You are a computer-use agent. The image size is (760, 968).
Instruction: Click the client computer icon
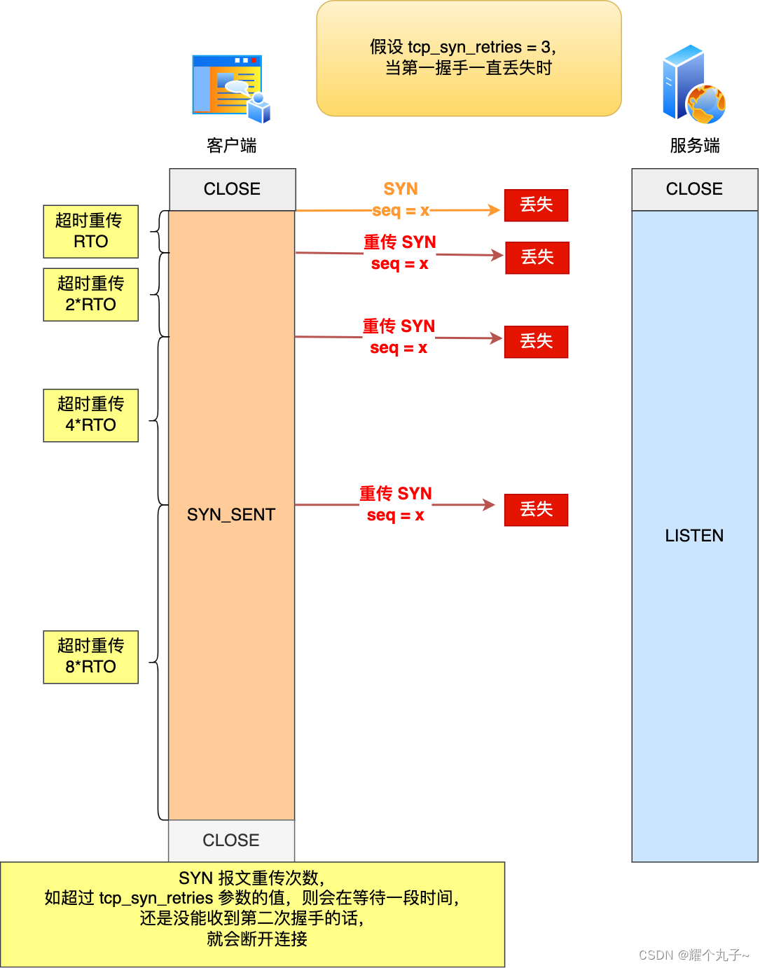pyautogui.click(x=230, y=88)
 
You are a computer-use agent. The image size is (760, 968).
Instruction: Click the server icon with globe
pyautogui.click(x=693, y=85)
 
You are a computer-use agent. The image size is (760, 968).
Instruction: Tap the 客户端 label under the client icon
pyautogui.click(x=231, y=146)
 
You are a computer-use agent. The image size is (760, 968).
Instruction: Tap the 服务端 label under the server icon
pyautogui.click(x=694, y=146)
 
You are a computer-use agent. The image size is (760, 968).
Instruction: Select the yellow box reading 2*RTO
pyautogui.click(x=90, y=294)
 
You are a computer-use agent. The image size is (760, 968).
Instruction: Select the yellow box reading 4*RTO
pyautogui.click(x=90, y=415)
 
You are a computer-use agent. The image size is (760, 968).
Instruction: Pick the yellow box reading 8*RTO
pyautogui.click(x=90, y=656)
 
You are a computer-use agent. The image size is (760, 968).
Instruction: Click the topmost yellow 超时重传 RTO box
pyautogui.click(x=90, y=231)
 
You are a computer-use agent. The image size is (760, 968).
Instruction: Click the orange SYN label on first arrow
pyautogui.click(x=400, y=189)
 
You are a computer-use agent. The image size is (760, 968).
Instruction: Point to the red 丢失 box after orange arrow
pyautogui.click(x=536, y=205)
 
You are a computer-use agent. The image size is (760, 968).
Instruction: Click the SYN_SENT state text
pyautogui.click(x=231, y=515)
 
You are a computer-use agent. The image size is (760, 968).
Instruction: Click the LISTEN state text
pyautogui.click(x=694, y=536)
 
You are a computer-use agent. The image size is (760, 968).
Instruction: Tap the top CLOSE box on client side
pyautogui.click(x=232, y=189)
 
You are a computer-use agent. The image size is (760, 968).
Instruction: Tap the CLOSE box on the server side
pyautogui.click(x=694, y=189)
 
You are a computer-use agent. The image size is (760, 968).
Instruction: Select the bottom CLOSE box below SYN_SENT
pyautogui.click(x=231, y=840)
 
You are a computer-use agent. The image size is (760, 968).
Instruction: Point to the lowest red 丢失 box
pyautogui.click(x=536, y=510)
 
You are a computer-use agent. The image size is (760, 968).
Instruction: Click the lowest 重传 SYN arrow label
pyautogui.click(x=396, y=495)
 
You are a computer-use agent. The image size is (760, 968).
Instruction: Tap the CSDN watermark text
pyautogui.click(x=693, y=955)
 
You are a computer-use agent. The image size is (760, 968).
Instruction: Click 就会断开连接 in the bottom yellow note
pyautogui.click(x=257, y=939)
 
